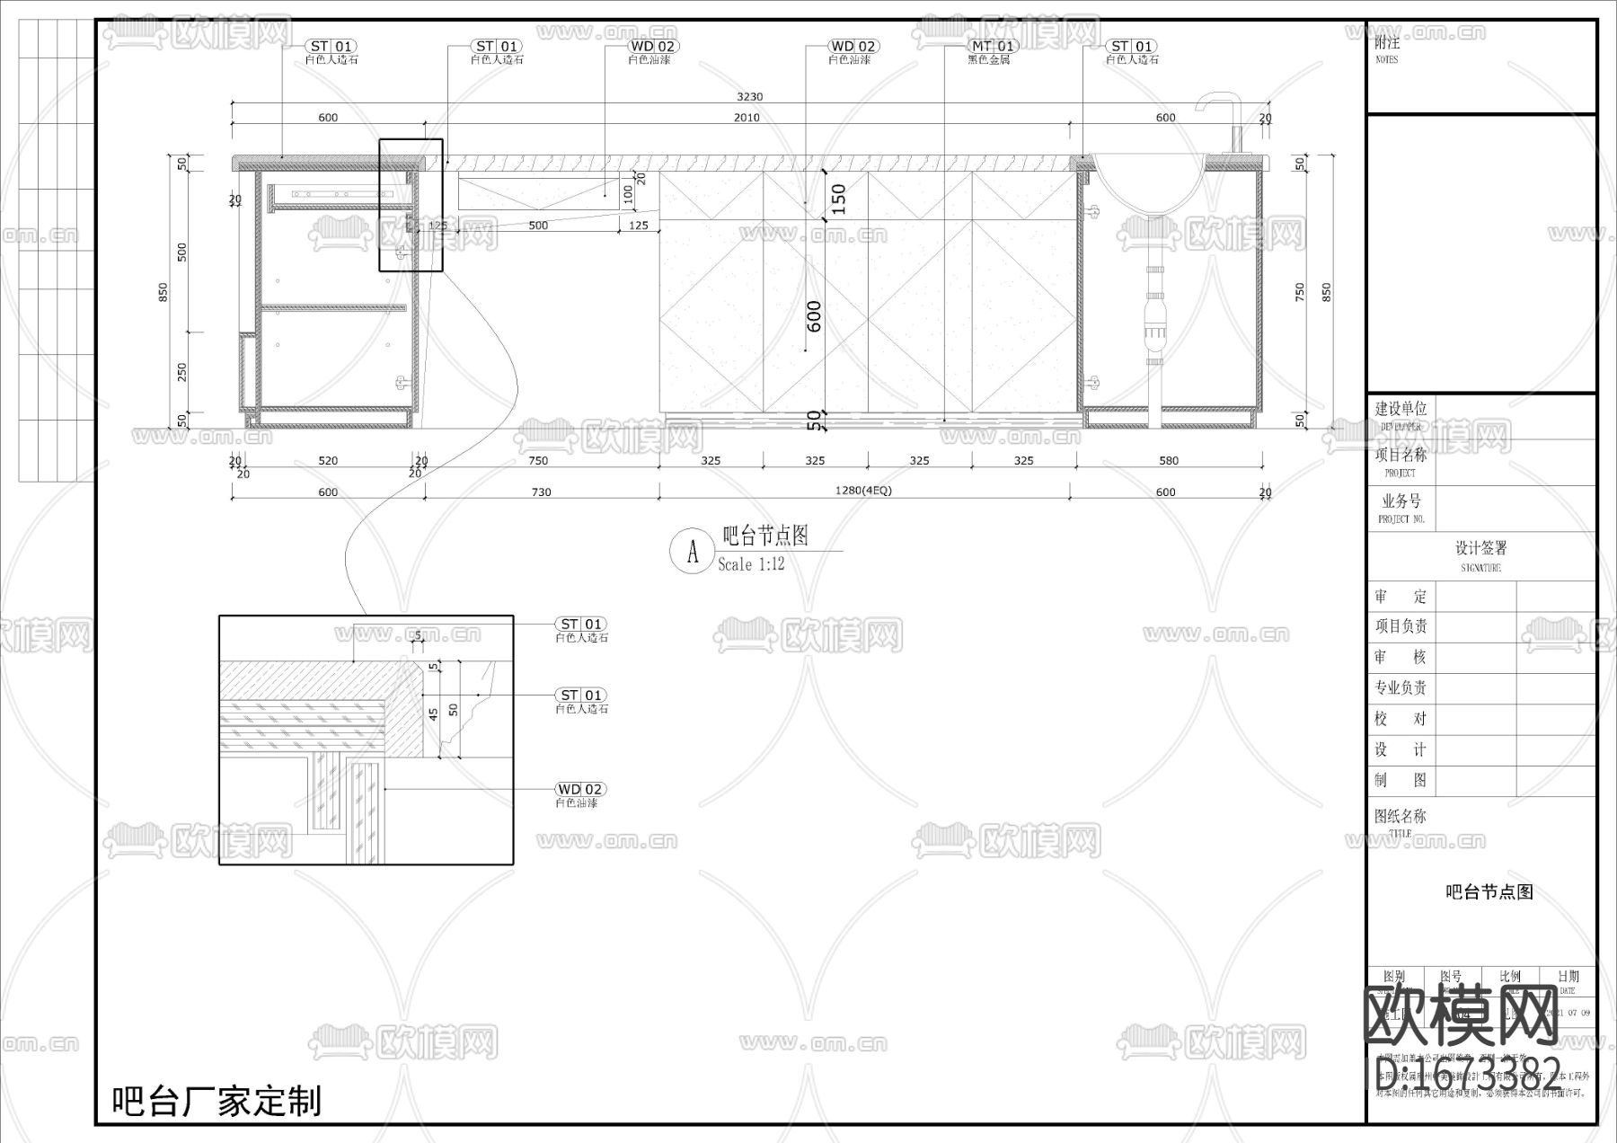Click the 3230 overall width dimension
[749, 97]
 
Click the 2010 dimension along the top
[747, 118]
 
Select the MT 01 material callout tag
[993, 46]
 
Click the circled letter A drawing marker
[693, 552]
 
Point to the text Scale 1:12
[751, 564]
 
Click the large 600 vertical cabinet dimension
[814, 316]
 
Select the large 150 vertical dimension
[837, 199]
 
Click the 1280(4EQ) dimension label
[863, 491]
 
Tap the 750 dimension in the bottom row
[538, 461]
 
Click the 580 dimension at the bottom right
[1168, 461]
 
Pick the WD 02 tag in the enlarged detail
[580, 789]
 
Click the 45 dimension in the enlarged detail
[433, 713]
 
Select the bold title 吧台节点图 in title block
[1489, 891]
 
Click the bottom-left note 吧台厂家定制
[216, 1101]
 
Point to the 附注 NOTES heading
[1387, 48]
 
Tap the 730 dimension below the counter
[541, 492]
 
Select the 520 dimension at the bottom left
[328, 461]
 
